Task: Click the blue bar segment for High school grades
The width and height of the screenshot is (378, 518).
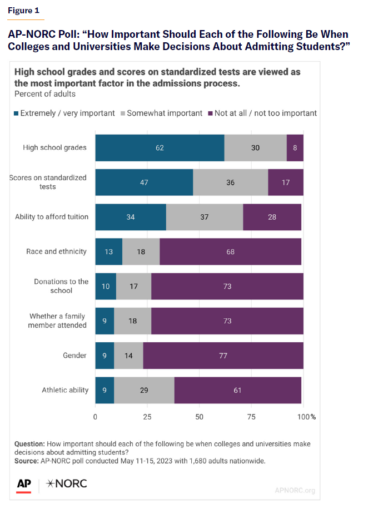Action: click(160, 148)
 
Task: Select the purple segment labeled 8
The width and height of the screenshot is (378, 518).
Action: click(295, 148)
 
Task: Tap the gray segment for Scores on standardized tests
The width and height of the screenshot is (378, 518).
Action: click(230, 182)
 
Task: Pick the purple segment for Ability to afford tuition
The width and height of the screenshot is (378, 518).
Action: click(272, 217)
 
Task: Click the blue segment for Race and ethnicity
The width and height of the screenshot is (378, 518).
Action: click(108, 251)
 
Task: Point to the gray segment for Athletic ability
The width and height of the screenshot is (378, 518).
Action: click(144, 390)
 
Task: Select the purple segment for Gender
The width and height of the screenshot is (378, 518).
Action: click(223, 356)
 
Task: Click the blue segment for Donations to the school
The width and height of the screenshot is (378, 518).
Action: click(106, 287)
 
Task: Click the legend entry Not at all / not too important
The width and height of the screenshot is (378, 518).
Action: click(261, 113)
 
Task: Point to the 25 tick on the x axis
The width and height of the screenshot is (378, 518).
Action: click(147, 416)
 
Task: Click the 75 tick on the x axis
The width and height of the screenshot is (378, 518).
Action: click(251, 416)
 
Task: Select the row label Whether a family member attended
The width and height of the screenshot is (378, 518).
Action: click(58, 320)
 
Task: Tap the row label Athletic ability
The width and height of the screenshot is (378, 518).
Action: click(65, 390)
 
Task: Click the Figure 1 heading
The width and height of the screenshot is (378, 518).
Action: click(23, 11)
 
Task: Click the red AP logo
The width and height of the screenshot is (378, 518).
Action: click(23, 484)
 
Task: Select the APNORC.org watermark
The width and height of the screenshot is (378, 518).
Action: click(295, 490)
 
